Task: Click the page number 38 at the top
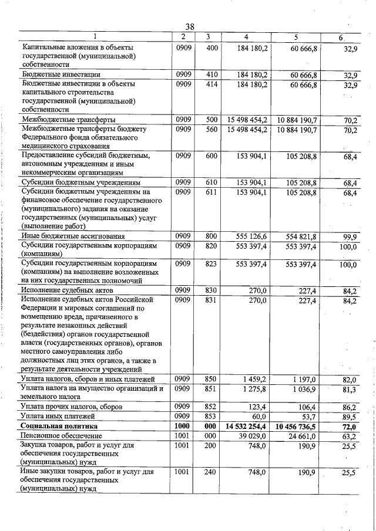click(190, 26)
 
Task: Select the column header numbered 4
click(249, 38)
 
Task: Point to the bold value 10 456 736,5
click(296, 427)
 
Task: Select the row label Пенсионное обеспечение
click(61, 436)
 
